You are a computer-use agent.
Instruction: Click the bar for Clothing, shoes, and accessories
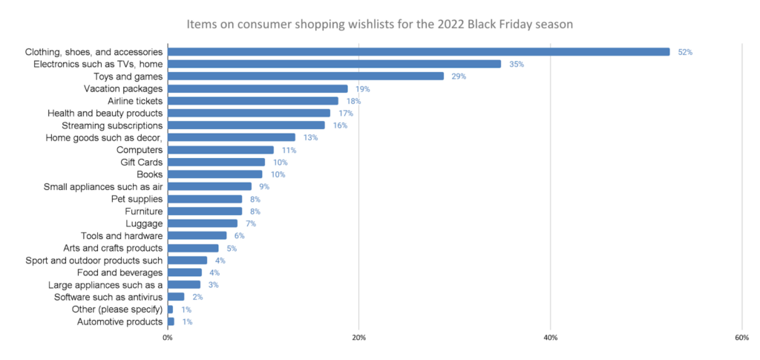(x=419, y=52)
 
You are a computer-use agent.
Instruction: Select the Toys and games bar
(x=306, y=76)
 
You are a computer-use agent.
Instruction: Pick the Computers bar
(x=220, y=150)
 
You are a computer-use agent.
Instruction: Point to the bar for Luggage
(x=203, y=223)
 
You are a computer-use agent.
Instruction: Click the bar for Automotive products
(x=171, y=322)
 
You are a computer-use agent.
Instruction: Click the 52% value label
(x=685, y=52)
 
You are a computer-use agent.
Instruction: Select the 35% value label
(x=517, y=65)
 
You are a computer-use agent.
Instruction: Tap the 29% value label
(x=459, y=76)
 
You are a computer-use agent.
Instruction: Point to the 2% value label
(x=197, y=297)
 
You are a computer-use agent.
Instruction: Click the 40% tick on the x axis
(x=550, y=338)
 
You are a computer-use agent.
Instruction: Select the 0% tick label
(x=168, y=338)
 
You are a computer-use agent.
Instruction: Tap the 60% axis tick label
(x=741, y=338)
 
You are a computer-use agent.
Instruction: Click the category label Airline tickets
(x=135, y=101)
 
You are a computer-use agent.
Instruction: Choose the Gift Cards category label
(x=142, y=162)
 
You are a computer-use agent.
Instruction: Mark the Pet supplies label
(x=136, y=199)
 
